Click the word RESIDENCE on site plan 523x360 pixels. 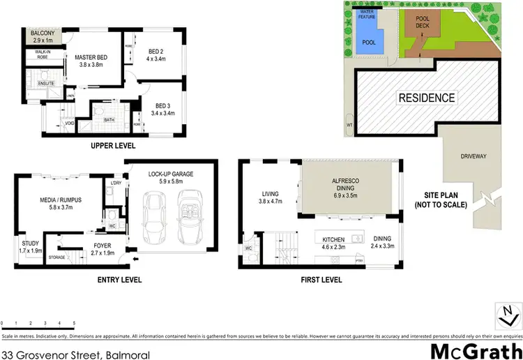(x=427, y=98)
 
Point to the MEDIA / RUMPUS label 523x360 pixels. (x=61, y=202)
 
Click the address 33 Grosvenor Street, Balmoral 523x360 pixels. (x=75, y=354)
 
